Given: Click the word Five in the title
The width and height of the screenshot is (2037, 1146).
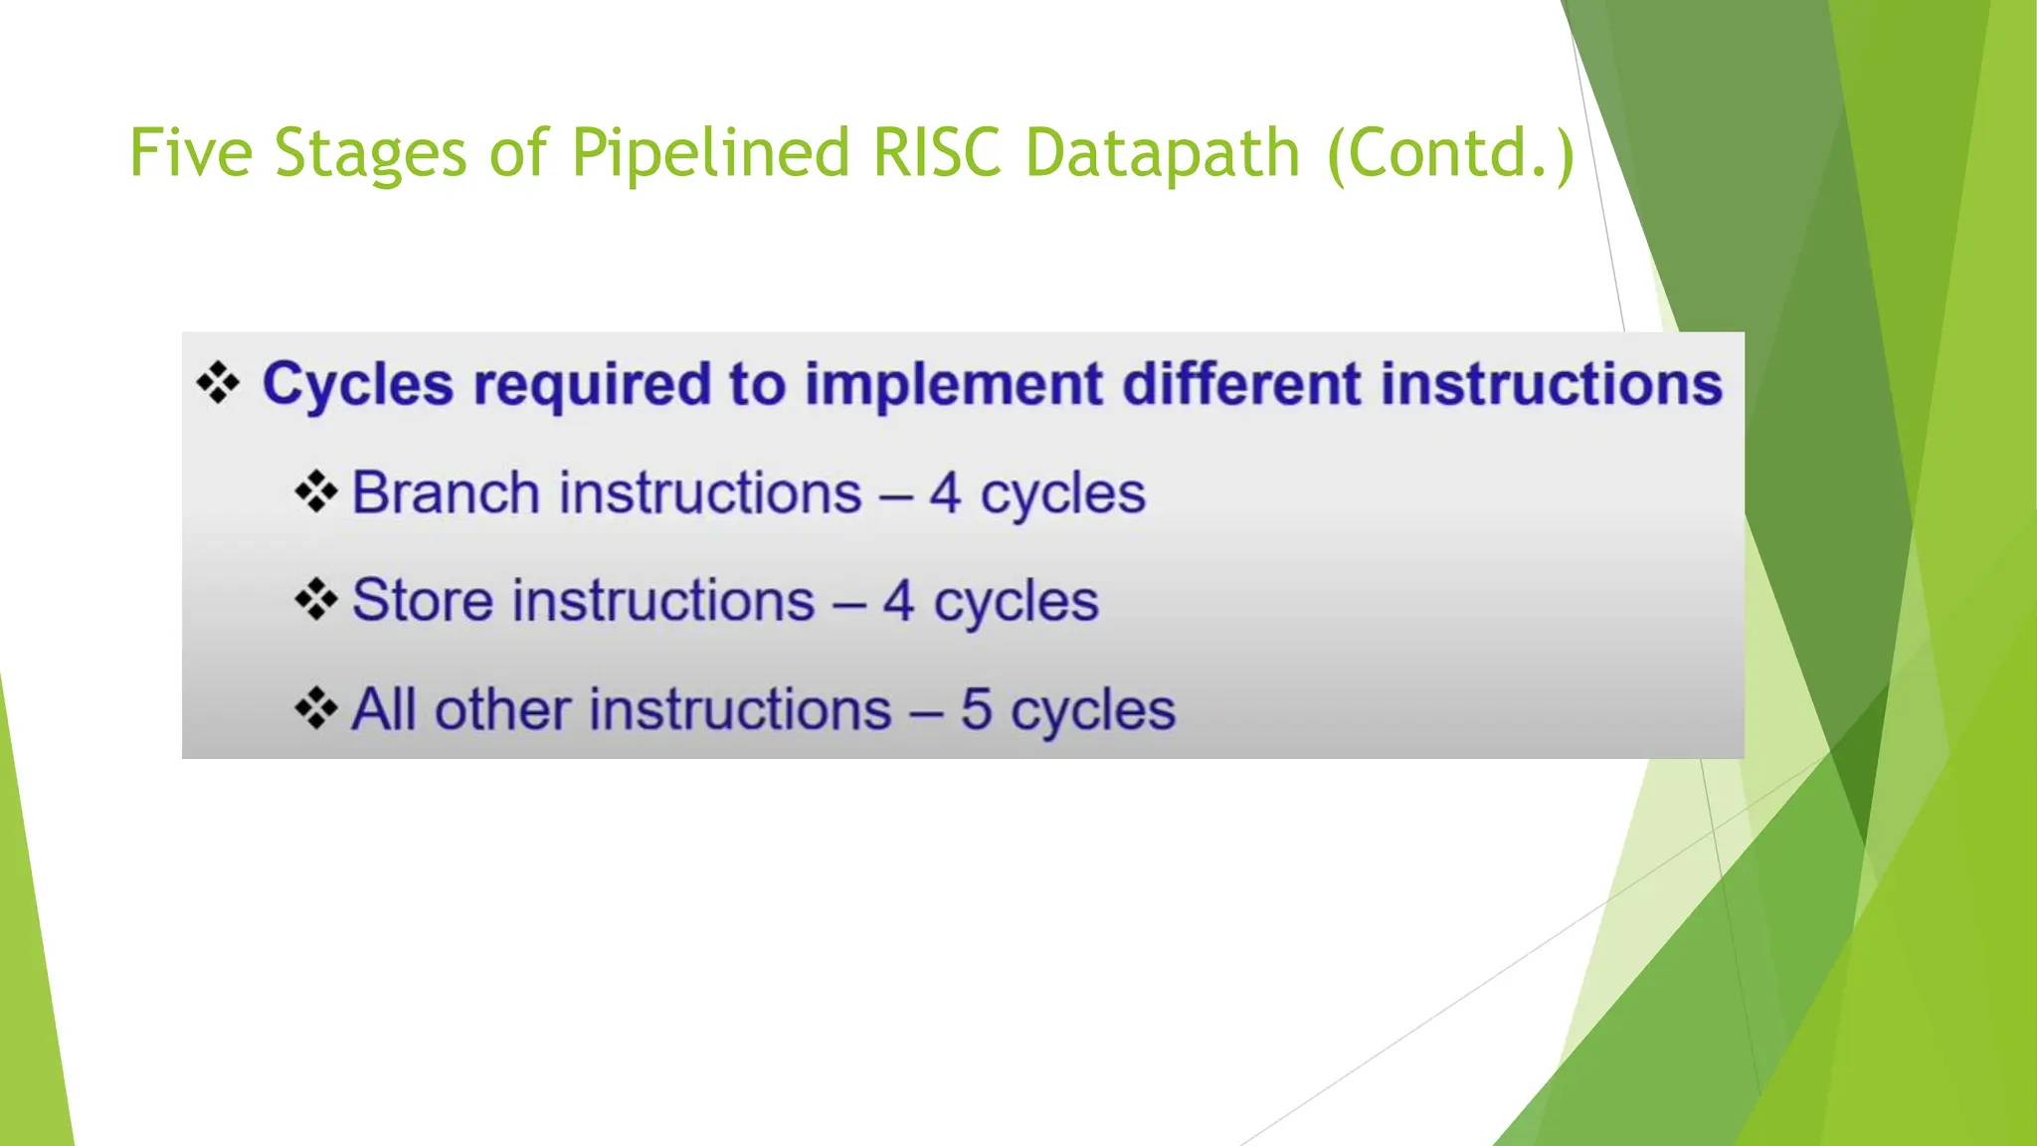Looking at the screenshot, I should click(x=190, y=154).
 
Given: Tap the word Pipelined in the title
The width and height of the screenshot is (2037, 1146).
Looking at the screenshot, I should click(x=710, y=154).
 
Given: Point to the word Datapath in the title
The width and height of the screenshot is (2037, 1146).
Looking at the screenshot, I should click(x=1162, y=154).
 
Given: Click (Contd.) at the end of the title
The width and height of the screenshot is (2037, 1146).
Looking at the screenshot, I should click(x=1451, y=154).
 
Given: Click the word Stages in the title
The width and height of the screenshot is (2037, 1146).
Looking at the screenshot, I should click(x=370, y=154).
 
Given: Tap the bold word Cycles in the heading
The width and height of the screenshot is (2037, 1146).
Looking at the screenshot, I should click(x=357, y=386).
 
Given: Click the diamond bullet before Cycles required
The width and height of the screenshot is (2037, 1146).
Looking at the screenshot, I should click(x=218, y=383).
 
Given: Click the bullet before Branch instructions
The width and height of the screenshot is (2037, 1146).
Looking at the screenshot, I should click(x=316, y=492).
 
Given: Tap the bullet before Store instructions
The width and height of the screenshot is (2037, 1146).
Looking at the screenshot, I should click(x=316, y=600).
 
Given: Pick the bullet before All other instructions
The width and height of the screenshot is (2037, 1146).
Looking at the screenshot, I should click(x=316, y=709).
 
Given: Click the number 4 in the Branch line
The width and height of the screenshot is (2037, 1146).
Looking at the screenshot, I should click(x=945, y=493).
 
